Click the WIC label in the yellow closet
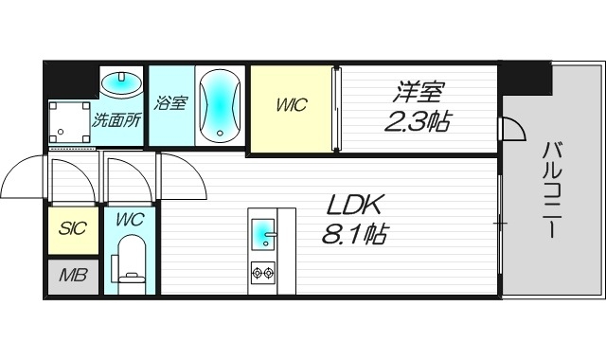291,106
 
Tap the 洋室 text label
419,93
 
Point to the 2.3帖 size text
418,121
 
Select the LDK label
355,205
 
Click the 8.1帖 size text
354,234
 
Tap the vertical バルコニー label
554,189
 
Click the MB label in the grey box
72,277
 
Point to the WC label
130,220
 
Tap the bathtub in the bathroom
221,104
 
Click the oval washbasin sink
120,84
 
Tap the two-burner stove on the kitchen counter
262,274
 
